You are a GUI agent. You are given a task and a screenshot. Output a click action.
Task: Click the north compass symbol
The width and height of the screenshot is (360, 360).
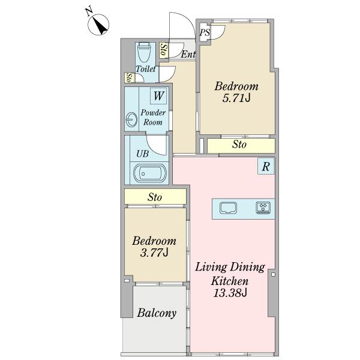click(x=98, y=25)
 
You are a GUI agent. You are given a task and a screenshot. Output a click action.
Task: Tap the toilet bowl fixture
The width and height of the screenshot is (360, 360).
click(x=145, y=52)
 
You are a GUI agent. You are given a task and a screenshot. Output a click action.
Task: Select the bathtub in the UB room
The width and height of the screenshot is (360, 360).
click(x=149, y=173)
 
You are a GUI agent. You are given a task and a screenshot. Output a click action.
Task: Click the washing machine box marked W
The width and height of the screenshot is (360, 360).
click(x=158, y=96)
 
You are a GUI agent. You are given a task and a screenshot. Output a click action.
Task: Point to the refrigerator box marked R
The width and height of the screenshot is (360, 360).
click(x=266, y=166)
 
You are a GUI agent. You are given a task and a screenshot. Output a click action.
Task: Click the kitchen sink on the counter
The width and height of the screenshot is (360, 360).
click(x=228, y=208)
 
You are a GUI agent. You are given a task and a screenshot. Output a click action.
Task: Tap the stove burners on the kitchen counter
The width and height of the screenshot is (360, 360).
click(x=263, y=208)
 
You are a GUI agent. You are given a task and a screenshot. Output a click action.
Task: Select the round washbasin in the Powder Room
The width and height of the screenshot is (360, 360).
click(x=131, y=119)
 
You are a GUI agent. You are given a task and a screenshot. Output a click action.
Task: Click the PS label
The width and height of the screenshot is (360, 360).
click(x=205, y=32)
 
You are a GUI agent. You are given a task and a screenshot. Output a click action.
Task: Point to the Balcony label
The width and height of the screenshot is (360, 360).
click(x=157, y=313)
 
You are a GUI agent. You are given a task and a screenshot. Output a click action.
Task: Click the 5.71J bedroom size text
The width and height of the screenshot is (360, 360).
click(x=236, y=98)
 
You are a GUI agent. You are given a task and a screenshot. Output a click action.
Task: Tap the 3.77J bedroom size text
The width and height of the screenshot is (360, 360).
click(x=154, y=253)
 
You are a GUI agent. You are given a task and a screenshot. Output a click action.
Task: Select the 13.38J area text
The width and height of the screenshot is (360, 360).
click(x=230, y=293)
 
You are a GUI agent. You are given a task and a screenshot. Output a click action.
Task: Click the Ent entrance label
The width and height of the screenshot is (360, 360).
click(x=188, y=55)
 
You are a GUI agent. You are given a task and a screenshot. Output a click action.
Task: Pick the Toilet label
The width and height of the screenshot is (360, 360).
click(x=146, y=68)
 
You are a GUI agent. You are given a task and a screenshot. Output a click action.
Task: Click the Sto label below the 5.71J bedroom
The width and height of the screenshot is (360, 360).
click(x=239, y=145)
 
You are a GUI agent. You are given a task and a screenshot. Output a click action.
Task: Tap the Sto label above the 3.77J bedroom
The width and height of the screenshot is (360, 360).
click(x=155, y=197)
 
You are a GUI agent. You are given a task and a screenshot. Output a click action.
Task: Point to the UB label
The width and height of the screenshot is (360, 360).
click(x=143, y=154)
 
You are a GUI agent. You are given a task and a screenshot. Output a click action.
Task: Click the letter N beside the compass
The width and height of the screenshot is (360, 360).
click(x=89, y=12)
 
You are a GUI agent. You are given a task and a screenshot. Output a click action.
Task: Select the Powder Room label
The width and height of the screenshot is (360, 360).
click(x=153, y=118)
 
